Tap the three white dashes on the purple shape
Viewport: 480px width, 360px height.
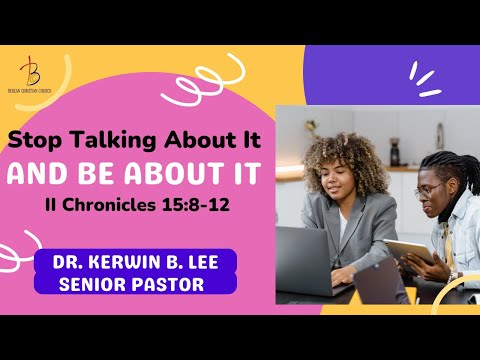coord(427,79)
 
